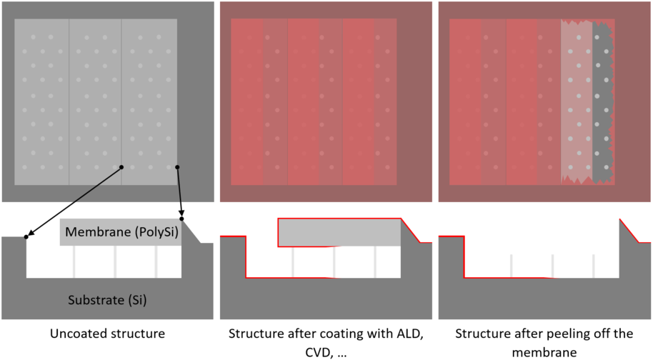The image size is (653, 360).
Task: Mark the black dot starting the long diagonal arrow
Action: [x=121, y=167]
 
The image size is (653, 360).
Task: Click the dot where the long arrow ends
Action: [x=26, y=236]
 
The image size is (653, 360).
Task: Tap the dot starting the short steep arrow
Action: [x=176, y=169]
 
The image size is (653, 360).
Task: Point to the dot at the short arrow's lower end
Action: [x=181, y=219]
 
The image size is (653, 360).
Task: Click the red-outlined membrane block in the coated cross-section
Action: [x=339, y=233]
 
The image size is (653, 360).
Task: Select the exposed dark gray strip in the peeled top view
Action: [x=602, y=100]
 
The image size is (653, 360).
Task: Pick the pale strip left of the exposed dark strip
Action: [x=577, y=100]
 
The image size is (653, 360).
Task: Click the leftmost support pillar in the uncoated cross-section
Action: [x=74, y=262]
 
